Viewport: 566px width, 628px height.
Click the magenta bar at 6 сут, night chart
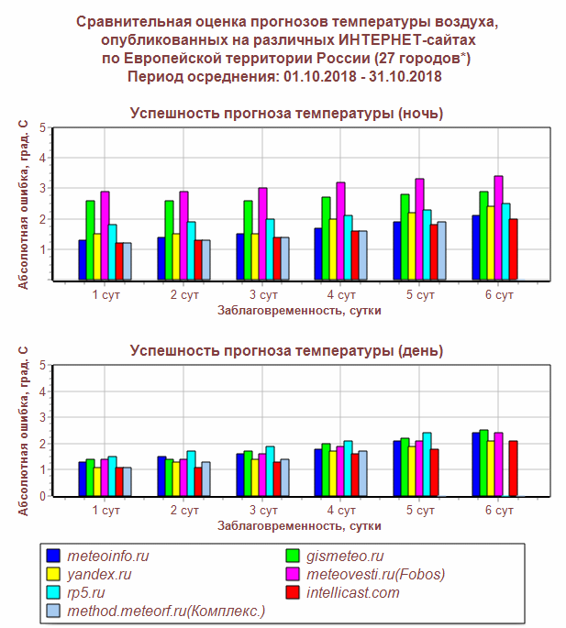[x=498, y=228]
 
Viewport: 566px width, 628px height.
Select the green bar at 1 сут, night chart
[x=91, y=240]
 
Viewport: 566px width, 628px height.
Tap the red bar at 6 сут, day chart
[x=515, y=468]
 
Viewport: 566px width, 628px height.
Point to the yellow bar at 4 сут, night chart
[x=333, y=249]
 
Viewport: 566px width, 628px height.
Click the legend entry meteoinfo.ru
[x=110, y=556]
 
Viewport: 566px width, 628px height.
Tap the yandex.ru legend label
[x=101, y=574]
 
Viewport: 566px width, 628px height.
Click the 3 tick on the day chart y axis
[x=44, y=417]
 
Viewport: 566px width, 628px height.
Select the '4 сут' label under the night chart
[x=341, y=294]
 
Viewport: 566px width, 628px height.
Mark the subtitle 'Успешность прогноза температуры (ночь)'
[x=286, y=114]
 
